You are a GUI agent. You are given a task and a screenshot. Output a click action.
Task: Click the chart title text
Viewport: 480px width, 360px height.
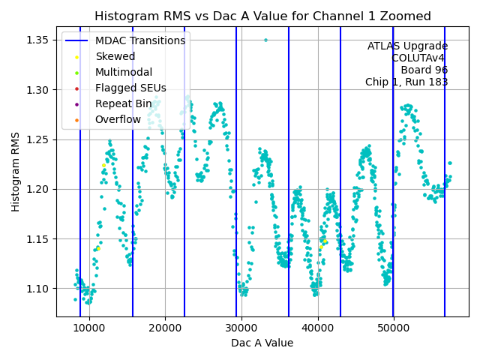262,16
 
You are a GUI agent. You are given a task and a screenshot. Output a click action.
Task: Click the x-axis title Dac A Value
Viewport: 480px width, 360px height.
262,343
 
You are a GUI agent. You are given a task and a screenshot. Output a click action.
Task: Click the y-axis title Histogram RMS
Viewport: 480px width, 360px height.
16,172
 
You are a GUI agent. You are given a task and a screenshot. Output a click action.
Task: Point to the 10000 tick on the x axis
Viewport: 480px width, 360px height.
88,328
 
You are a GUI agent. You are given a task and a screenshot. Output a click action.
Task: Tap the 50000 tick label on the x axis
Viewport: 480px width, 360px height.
394,328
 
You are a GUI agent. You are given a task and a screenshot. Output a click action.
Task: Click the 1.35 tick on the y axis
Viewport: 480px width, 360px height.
38,40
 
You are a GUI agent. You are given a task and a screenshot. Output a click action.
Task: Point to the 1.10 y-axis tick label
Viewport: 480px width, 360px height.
38,289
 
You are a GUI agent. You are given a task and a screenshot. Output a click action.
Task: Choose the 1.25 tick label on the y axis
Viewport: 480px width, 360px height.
38,139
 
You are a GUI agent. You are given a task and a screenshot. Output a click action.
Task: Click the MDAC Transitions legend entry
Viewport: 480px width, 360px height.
139,40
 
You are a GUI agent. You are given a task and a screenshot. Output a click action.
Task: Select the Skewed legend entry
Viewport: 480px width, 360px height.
115,56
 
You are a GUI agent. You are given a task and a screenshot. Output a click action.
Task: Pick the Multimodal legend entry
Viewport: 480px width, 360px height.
123,72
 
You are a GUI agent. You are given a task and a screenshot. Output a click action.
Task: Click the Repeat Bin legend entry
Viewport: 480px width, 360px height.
123,103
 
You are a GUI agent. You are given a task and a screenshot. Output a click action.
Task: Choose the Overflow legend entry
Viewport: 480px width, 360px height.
118,119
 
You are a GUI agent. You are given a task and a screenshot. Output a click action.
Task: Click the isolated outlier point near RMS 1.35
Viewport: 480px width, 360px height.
265,40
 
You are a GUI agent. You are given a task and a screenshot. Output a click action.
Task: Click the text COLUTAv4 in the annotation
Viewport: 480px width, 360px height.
419,58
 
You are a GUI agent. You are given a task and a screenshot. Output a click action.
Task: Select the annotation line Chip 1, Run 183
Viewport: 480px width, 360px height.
406,82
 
